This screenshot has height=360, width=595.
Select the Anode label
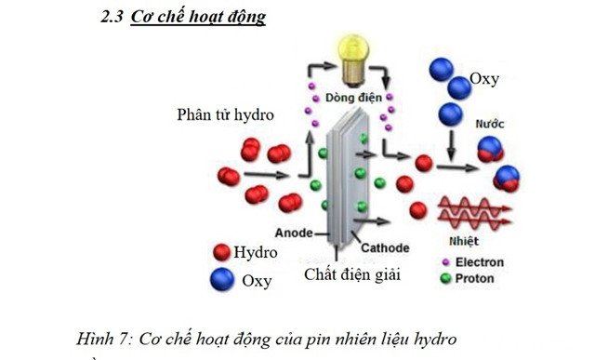pyautogui.click(x=294, y=232)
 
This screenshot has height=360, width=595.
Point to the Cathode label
pyautogui.click(x=385, y=248)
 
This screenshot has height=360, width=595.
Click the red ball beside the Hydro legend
pyautogui.click(x=221, y=252)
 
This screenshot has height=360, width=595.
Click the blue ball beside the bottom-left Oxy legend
pyautogui.click(x=221, y=279)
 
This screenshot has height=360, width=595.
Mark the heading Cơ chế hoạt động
pyautogui.click(x=211, y=18)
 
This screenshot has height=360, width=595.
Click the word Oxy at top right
pyautogui.click(x=484, y=79)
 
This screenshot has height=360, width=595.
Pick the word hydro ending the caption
pyautogui.click(x=436, y=339)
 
